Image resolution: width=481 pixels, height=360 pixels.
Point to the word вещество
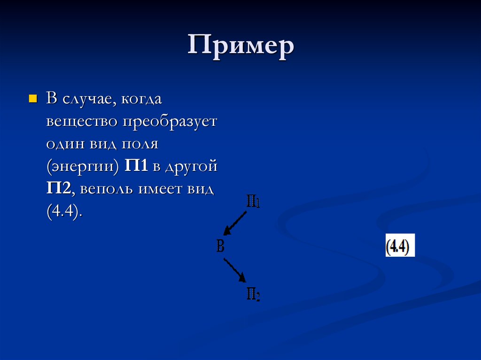(x=81, y=122)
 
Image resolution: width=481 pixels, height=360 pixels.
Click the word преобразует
(x=170, y=122)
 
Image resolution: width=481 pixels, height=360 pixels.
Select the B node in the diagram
(x=220, y=246)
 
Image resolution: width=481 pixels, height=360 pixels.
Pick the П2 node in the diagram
(x=253, y=294)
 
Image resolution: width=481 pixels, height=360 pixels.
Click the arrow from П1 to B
(x=235, y=222)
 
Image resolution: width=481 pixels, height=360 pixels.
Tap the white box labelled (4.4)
(x=400, y=245)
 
